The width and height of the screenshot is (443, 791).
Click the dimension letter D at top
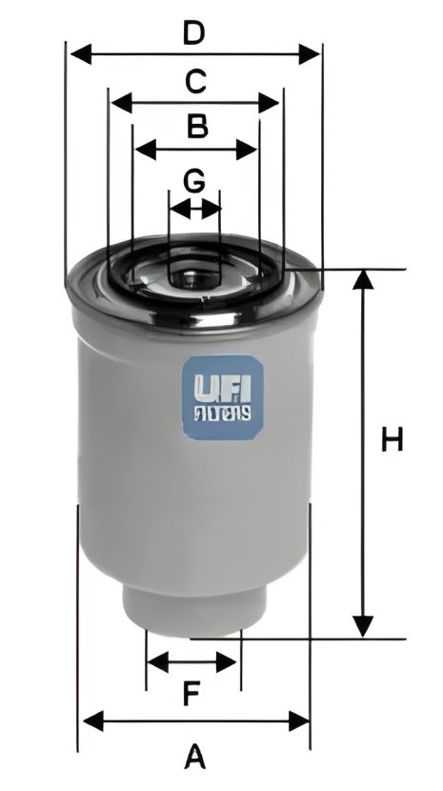click(194, 33)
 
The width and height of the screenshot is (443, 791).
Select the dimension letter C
click(194, 81)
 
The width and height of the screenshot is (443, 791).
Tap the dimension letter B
click(196, 126)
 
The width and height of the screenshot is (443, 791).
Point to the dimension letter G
click(193, 180)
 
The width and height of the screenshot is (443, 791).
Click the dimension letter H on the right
click(393, 440)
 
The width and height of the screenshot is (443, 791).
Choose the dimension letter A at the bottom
click(194, 758)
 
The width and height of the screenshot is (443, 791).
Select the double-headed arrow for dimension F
click(193, 661)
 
